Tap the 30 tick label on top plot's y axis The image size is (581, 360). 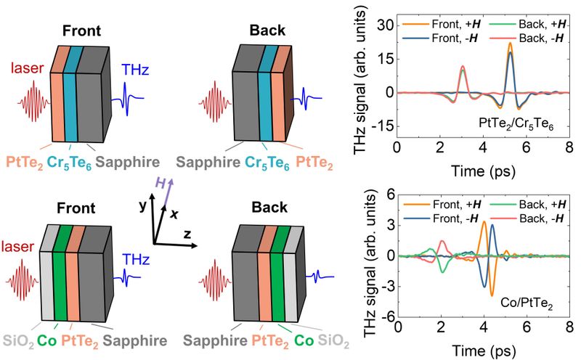click(x=386, y=25)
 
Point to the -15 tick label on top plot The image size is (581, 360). click(x=383, y=126)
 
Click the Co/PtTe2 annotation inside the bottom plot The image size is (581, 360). click(x=527, y=303)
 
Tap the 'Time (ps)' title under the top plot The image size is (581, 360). click(x=483, y=171)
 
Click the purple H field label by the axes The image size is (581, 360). click(x=160, y=183)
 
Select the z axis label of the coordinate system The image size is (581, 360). click(x=187, y=234)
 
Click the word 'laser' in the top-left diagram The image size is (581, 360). click(x=27, y=67)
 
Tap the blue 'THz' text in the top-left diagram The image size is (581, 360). click(x=135, y=69)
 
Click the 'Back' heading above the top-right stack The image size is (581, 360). click(x=267, y=30)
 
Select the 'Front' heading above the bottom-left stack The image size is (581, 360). click(x=76, y=208)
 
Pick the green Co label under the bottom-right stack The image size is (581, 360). click(x=304, y=340)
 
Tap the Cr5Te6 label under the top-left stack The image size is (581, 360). click(x=69, y=163)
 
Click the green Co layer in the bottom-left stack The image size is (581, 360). click(x=60, y=274)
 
